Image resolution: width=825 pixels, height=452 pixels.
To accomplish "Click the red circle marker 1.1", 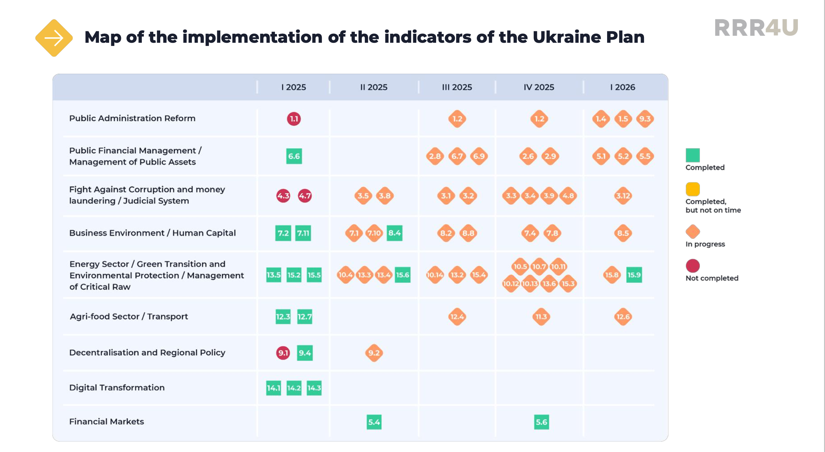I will [x=294, y=119].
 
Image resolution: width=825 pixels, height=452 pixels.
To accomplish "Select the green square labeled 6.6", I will [x=294, y=156].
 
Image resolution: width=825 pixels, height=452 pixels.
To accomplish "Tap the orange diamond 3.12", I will [x=623, y=196].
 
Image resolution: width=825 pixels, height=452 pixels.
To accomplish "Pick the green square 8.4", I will [x=394, y=233].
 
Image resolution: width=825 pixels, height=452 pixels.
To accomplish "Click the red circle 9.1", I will [x=283, y=353].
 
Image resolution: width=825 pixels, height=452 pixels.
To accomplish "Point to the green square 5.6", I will [x=541, y=422].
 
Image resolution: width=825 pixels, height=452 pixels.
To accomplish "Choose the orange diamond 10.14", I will [x=435, y=275].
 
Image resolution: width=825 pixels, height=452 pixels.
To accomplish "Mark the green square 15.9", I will [x=634, y=275].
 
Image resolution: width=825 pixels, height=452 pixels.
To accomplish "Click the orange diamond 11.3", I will [x=541, y=317].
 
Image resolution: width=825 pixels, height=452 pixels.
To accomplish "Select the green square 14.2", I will [x=294, y=388].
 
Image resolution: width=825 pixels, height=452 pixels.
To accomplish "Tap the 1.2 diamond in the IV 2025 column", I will [x=539, y=119].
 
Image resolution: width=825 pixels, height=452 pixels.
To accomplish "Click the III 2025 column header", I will [x=457, y=87].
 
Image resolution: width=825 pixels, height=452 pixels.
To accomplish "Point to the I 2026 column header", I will [x=622, y=87].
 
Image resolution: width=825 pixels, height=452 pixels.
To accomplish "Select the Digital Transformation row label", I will [x=117, y=388].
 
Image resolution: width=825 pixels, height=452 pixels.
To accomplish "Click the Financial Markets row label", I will [x=106, y=422].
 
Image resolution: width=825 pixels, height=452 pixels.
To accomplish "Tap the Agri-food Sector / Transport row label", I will [x=129, y=316].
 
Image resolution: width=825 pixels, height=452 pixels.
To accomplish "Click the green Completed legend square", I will [x=693, y=155].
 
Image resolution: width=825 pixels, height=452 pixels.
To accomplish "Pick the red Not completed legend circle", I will [x=693, y=266].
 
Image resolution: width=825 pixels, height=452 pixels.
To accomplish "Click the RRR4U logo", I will [x=756, y=28].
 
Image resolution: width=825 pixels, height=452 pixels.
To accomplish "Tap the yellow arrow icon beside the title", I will [x=54, y=38].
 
